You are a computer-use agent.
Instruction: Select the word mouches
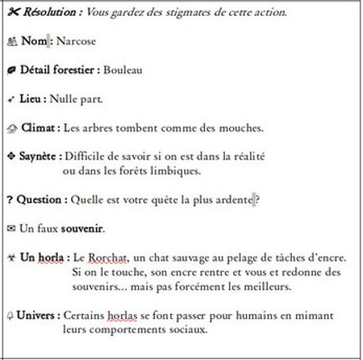[240, 128]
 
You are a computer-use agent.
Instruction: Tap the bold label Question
[39, 199]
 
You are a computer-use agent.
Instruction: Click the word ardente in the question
[233, 199]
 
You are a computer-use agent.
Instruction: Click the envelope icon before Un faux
[10, 228]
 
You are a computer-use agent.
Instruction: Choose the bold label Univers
[37, 315]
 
